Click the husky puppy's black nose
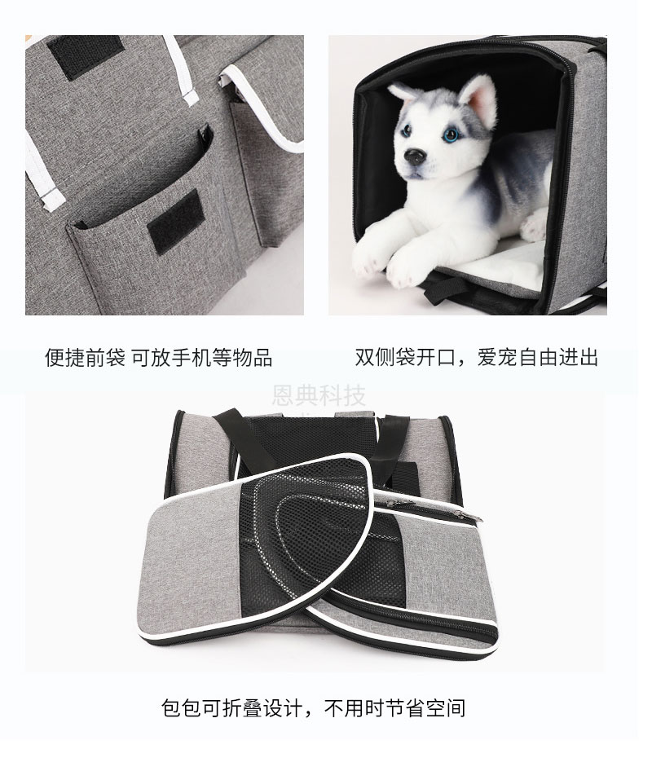[x=415, y=156]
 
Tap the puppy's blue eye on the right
[x=450, y=134]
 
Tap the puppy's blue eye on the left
[x=407, y=131]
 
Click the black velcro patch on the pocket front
[x=175, y=221]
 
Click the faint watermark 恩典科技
[x=319, y=395]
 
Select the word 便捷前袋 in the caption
[x=85, y=358]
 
